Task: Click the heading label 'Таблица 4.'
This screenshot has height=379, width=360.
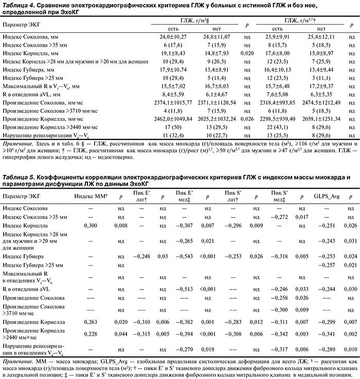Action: tap(19, 5)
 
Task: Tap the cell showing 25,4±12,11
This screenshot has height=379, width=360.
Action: tap(321, 38)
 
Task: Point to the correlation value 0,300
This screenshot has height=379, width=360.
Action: tap(91, 225)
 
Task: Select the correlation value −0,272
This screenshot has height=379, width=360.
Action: tap(279, 216)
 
